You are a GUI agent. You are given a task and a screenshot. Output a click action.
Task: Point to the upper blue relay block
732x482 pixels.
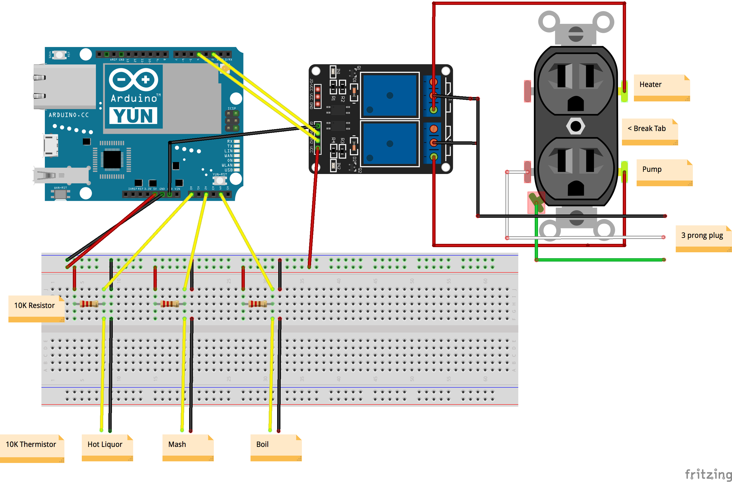point(390,95)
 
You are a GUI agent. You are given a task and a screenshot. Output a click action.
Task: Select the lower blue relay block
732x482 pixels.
point(390,144)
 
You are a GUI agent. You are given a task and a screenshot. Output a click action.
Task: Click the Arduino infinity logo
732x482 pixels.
point(133,80)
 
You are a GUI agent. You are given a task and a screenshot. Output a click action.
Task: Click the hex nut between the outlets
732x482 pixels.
point(575,126)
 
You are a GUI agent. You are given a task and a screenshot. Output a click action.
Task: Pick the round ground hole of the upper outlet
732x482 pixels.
point(575,103)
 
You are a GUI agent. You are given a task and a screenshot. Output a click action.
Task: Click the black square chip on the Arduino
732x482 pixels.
point(112,159)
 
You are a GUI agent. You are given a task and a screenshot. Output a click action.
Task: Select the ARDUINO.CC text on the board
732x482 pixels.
point(68,115)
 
